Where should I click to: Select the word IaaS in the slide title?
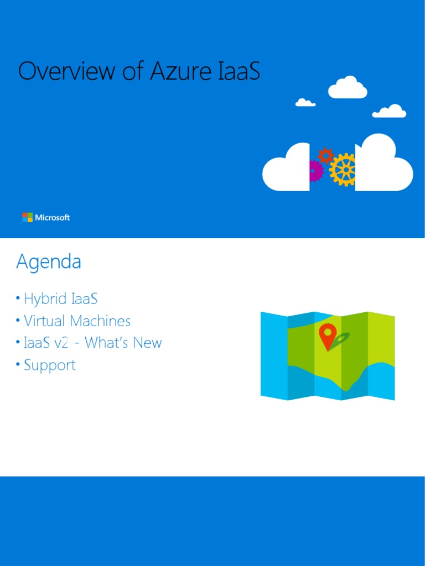[x=236, y=72]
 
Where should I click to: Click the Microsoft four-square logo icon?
[x=27, y=217]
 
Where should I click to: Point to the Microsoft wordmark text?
[x=53, y=218]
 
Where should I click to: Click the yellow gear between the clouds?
[x=343, y=169]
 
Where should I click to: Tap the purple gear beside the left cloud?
[x=315, y=171]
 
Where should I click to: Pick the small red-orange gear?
[x=326, y=155]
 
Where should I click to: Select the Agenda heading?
[x=49, y=261]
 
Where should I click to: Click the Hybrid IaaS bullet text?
[x=60, y=299]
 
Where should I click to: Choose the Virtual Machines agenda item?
[x=77, y=321]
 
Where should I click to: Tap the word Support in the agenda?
[x=50, y=365]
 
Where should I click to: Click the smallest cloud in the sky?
[x=305, y=103]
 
